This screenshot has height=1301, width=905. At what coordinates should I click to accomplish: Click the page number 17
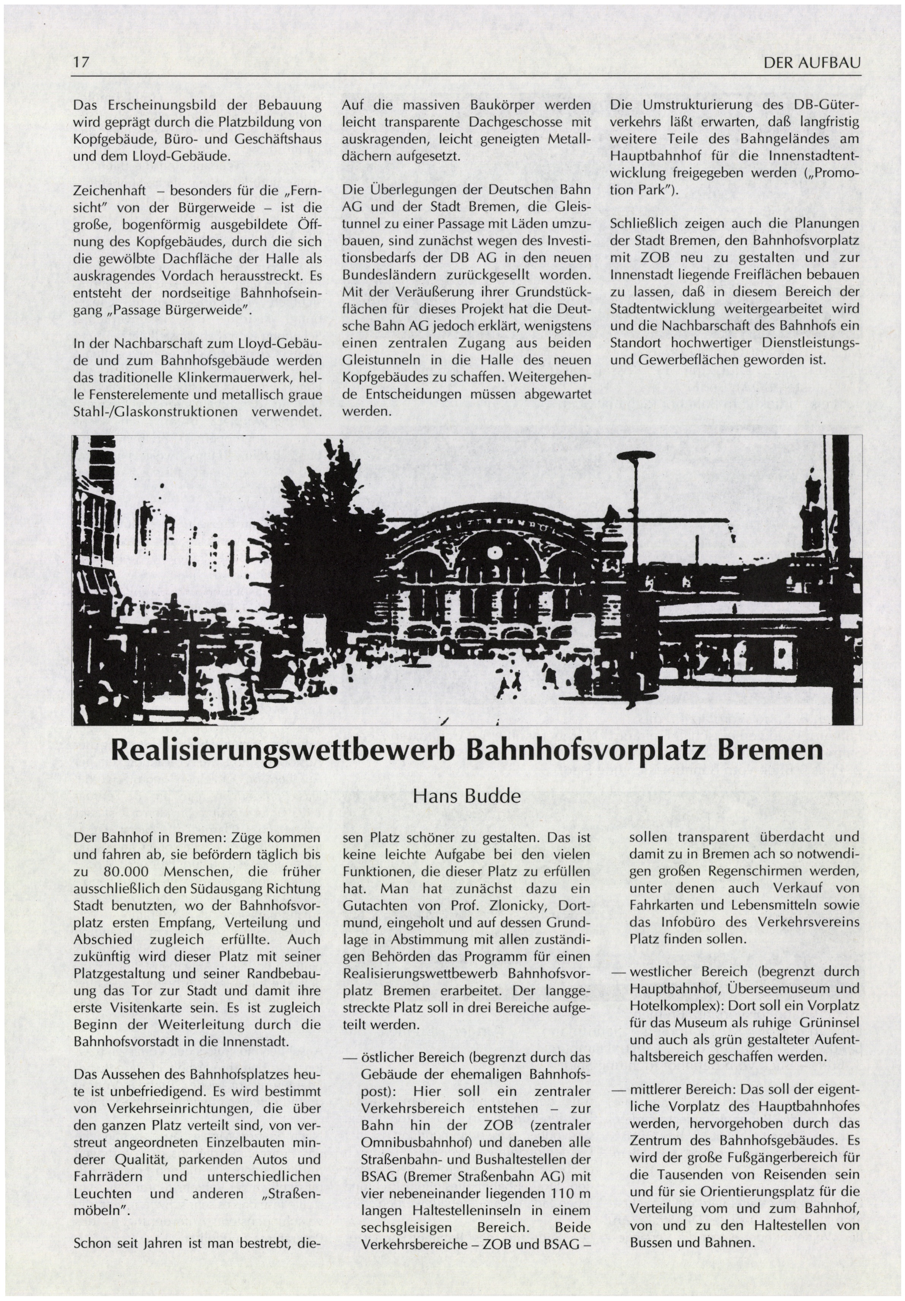(x=81, y=62)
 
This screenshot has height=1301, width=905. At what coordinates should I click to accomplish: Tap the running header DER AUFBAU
(x=812, y=62)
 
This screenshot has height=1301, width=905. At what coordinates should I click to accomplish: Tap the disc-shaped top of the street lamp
(x=634, y=456)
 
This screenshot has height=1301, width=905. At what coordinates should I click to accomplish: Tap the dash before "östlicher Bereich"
(x=351, y=1058)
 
